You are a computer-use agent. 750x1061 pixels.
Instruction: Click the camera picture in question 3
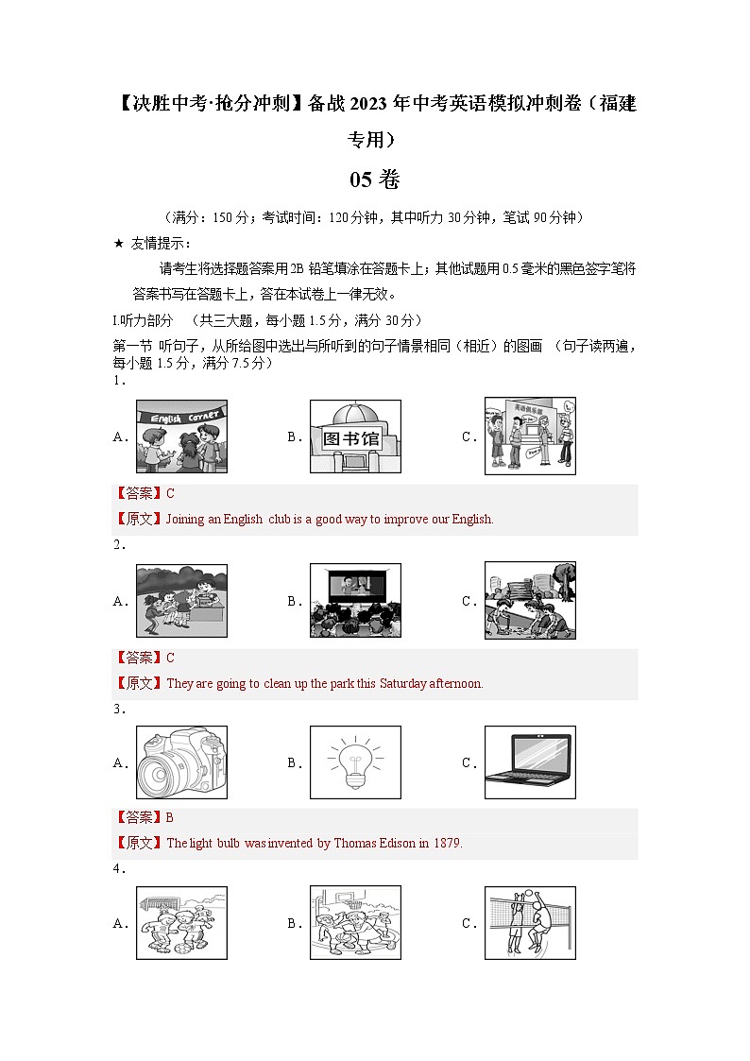pyautogui.click(x=181, y=763)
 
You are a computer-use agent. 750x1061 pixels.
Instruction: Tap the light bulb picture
pyautogui.click(x=355, y=763)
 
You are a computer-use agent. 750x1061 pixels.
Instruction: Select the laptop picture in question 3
pyautogui.click(x=530, y=763)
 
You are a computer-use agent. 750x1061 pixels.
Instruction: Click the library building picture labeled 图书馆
pyautogui.click(x=355, y=436)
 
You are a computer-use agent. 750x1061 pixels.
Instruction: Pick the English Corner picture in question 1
pyautogui.click(x=181, y=436)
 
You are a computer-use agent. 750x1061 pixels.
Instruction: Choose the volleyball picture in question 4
pyautogui.click(x=530, y=923)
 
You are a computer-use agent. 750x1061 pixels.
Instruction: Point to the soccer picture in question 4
pyautogui.click(x=181, y=923)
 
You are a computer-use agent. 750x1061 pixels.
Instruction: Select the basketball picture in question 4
pyautogui.click(x=355, y=923)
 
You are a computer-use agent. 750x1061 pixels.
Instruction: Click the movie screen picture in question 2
pyautogui.click(x=355, y=601)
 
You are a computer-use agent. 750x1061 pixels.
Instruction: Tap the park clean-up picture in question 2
pyautogui.click(x=530, y=601)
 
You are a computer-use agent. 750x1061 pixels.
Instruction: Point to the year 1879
pyautogui.click(x=447, y=844)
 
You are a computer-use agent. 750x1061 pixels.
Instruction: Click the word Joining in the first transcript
pyautogui.click(x=185, y=520)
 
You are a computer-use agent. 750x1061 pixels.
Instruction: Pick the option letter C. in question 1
pyautogui.click(x=469, y=437)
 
